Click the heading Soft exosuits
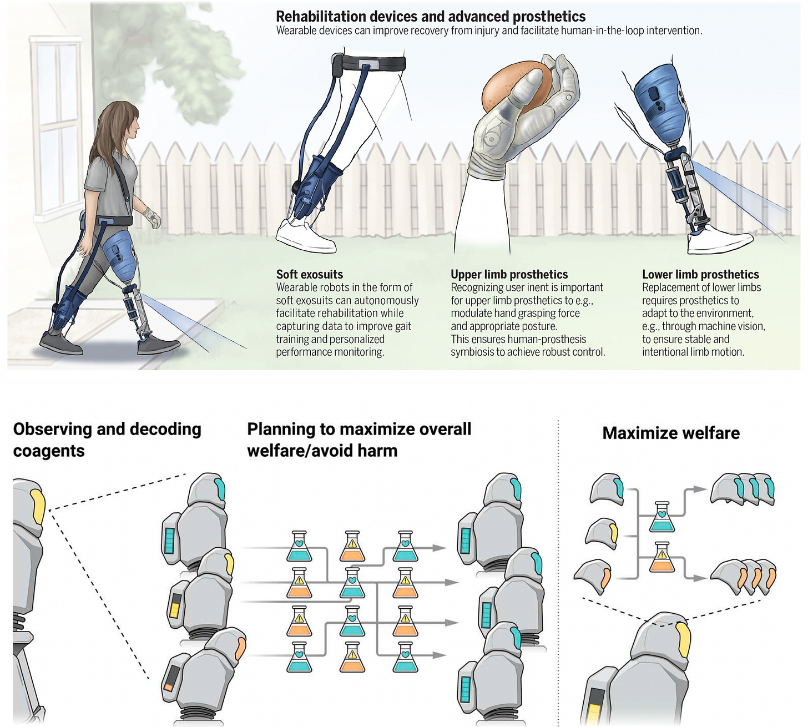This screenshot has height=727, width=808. point(310,274)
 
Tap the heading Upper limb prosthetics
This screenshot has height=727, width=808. point(509,274)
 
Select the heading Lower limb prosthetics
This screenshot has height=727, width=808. point(700,274)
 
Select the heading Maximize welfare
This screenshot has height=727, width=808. point(671,433)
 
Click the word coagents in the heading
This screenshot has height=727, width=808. point(49,451)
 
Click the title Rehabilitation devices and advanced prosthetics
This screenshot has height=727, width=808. point(431,17)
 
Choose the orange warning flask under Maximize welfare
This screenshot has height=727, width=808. point(661,558)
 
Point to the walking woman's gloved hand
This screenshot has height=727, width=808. point(152,218)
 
